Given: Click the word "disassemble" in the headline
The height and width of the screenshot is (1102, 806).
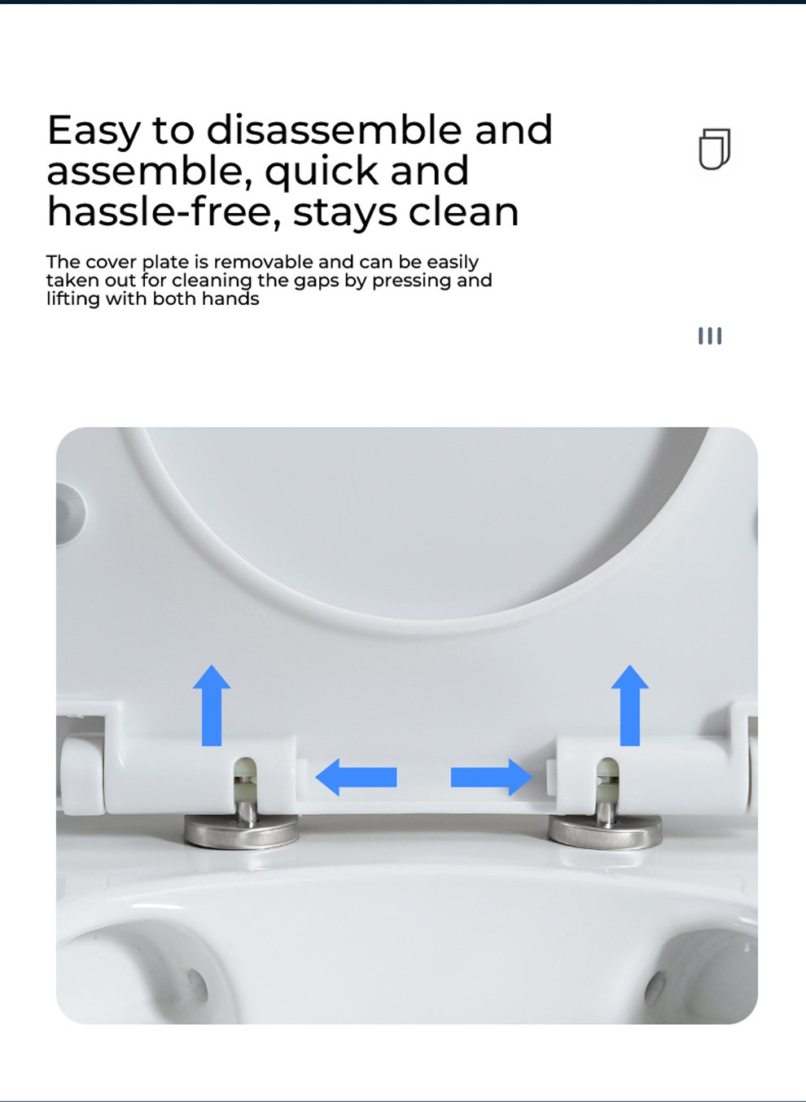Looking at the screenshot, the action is (x=334, y=130).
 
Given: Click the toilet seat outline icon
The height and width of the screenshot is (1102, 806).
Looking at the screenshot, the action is (x=715, y=150).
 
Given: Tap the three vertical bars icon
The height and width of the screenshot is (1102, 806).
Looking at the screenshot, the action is (x=710, y=337).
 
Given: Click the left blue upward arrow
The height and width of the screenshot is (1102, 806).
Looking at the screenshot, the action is (x=212, y=705).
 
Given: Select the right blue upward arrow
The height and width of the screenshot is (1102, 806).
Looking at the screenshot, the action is (x=629, y=705).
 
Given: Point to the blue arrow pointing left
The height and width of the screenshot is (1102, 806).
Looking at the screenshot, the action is (x=356, y=777).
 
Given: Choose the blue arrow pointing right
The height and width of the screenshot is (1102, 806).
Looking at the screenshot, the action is (x=492, y=777).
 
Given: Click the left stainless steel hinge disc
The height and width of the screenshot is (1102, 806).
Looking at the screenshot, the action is (x=241, y=831).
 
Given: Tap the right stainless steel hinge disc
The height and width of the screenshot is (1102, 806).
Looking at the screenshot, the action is (x=605, y=831).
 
